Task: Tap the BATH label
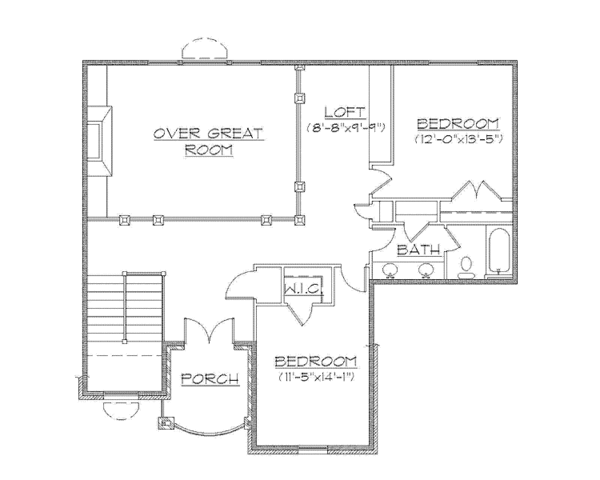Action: (414, 248)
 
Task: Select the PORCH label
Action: (210, 379)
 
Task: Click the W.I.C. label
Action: (300, 289)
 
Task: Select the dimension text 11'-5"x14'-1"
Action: (316, 379)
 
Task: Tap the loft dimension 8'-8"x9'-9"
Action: (346, 127)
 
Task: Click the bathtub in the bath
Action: (499, 253)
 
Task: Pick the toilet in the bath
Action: (466, 265)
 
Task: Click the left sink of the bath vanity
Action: (390, 268)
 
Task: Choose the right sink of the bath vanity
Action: (427, 268)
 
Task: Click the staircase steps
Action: (124, 310)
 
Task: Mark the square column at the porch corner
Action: (162, 421)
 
